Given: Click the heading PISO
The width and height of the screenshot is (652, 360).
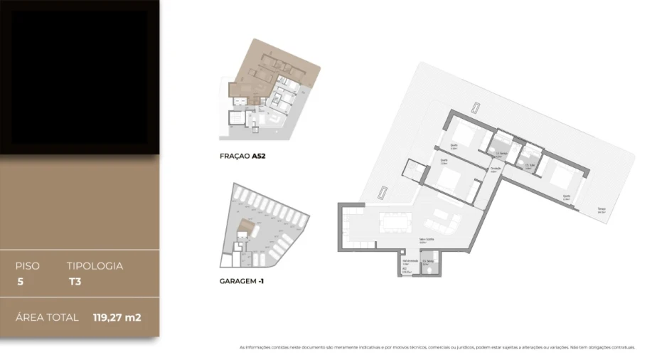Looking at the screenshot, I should (x=27, y=266).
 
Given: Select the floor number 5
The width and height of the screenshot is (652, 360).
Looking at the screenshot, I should (x=20, y=282).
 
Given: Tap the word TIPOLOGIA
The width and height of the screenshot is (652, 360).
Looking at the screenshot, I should (x=95, y=266).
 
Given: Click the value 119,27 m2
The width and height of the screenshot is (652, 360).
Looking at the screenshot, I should (x=117, y=317).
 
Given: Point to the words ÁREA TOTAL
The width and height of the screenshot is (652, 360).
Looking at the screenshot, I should (x=47, y=317).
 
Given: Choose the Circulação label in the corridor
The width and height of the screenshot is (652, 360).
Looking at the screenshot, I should (x=496, y=169).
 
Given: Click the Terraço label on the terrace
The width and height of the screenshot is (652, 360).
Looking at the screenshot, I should (x=601, y=211).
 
